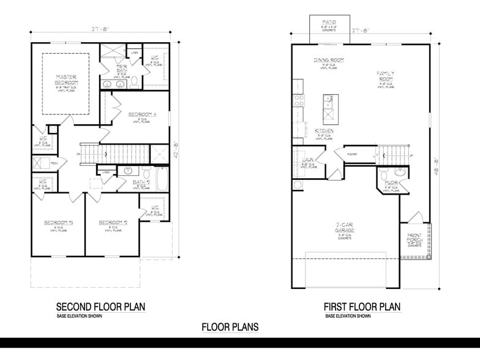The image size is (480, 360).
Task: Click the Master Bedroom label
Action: pyautogui.click(x=65, y=80)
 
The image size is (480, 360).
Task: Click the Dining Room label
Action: pyautogui.click(x=329, y=60)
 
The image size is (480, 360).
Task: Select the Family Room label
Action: pyautogui.click(x=386, y=76)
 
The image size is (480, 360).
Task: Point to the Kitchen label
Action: pyautogui.click(x=324, y=132)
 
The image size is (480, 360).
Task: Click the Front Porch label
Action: pyautogui.click(x=416, y=239)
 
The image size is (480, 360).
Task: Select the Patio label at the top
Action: pyautogui.click(x=329, y=23)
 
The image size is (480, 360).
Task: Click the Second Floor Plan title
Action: pyautogui.click(x=101, y=306)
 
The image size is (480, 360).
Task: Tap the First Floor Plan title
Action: pyautogui.click(x=362, y=306)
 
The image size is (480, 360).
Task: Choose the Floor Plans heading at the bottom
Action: pyautogui.click(x=230, y=327)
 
